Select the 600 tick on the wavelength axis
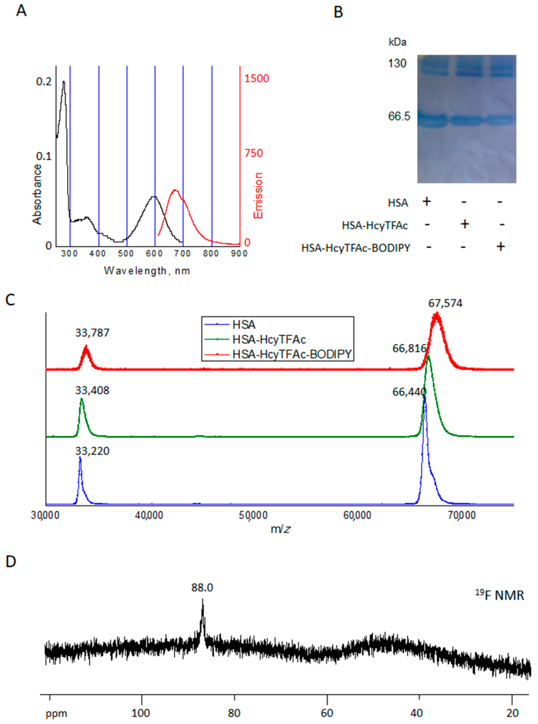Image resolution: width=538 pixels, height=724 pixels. pyautogui.click(x=154, y=253)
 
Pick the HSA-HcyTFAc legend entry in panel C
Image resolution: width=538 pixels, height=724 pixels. pyautogui.click(x=269, y=340)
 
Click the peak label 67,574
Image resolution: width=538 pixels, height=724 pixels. pyautogui.click(x=445, y=303)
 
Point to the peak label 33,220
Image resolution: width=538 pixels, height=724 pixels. pyautogui.click(x=92, y=451)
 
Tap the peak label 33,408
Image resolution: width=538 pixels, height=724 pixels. pyautogui.click(x=92, y=390)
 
